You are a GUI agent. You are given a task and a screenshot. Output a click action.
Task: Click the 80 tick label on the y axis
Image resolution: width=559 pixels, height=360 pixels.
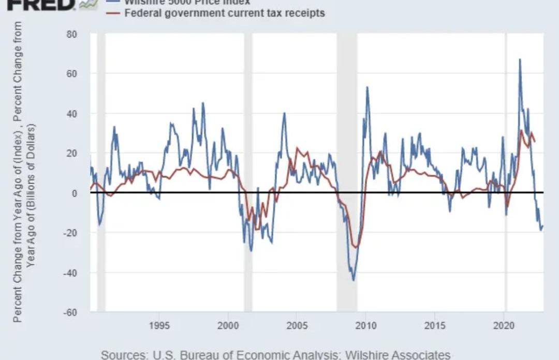click(71, 34)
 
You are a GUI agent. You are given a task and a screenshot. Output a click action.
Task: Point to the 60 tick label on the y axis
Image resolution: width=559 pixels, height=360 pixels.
click(71, 74)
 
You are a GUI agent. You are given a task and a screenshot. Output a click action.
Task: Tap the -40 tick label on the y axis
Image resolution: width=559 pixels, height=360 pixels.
click(69, 273)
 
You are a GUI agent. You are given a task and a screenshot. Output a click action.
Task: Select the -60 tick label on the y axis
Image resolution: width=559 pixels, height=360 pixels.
click(69, 312)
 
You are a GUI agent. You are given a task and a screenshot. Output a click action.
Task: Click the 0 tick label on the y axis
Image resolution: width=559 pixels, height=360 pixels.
click(74, 193)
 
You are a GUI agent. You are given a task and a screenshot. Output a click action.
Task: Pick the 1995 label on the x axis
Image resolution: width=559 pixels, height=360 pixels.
click(159, 325)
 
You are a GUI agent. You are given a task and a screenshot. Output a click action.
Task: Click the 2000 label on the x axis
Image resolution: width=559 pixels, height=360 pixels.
click(228, 325)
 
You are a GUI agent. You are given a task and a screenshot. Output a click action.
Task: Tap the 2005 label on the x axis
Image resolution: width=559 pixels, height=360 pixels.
click(297, 325)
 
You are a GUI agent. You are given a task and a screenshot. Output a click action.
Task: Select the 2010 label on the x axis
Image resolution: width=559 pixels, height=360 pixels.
click(366, 325)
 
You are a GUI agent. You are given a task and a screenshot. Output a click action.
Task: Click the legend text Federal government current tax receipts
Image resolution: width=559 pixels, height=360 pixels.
click(225, 12)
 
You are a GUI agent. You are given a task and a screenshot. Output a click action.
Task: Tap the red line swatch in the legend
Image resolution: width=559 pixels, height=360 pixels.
click(114, 12)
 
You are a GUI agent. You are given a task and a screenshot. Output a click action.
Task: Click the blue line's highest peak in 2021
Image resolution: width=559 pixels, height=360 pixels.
click(520, 59)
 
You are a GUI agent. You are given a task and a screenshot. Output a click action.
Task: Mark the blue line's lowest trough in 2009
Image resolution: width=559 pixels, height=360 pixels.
click(354, 280)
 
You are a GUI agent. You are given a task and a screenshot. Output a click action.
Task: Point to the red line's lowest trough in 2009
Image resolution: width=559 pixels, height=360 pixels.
click(355, 247)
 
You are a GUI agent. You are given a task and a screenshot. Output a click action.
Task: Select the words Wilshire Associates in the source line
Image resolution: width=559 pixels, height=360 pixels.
click(398, 355)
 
